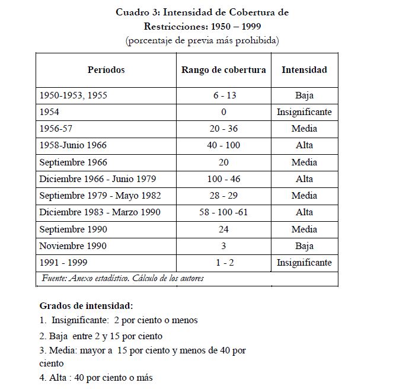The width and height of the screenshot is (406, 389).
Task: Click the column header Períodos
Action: [x=106, y=70]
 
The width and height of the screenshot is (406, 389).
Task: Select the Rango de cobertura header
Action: [x=223, y=70]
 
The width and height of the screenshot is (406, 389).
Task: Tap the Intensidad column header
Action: [x=304, y=70]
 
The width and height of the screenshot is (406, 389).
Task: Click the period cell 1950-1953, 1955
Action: [x=73, y=95]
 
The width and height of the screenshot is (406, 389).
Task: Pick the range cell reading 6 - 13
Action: [x=223, y=95]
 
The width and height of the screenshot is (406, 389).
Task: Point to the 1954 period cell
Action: [x=49, y=112]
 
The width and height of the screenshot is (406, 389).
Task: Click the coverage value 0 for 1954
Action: [x=223, y=112]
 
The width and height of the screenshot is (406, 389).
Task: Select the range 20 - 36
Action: [x=223, y=129]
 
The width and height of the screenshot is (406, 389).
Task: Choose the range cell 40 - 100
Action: [x=223, y=145]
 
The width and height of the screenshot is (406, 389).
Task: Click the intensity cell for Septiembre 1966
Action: [x=304, y=162]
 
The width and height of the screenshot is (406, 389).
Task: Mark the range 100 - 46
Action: [x=223, y=179]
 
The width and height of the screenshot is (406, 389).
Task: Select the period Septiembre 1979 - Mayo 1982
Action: [x=100, y=196]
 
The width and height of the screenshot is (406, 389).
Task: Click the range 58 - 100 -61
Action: [x=223, y=212]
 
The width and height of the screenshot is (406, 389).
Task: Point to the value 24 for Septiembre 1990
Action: [x=223, y=229]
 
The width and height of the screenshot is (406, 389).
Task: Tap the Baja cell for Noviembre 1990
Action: [x=304, y=246]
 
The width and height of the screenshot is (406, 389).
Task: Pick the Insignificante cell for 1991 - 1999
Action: [x=304, y=263]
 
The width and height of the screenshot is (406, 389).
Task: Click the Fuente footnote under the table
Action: [x=123, y=278]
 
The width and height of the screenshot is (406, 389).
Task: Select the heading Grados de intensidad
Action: [x=87, y=306]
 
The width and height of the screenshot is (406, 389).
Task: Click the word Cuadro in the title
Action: [x=133, y=12]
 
